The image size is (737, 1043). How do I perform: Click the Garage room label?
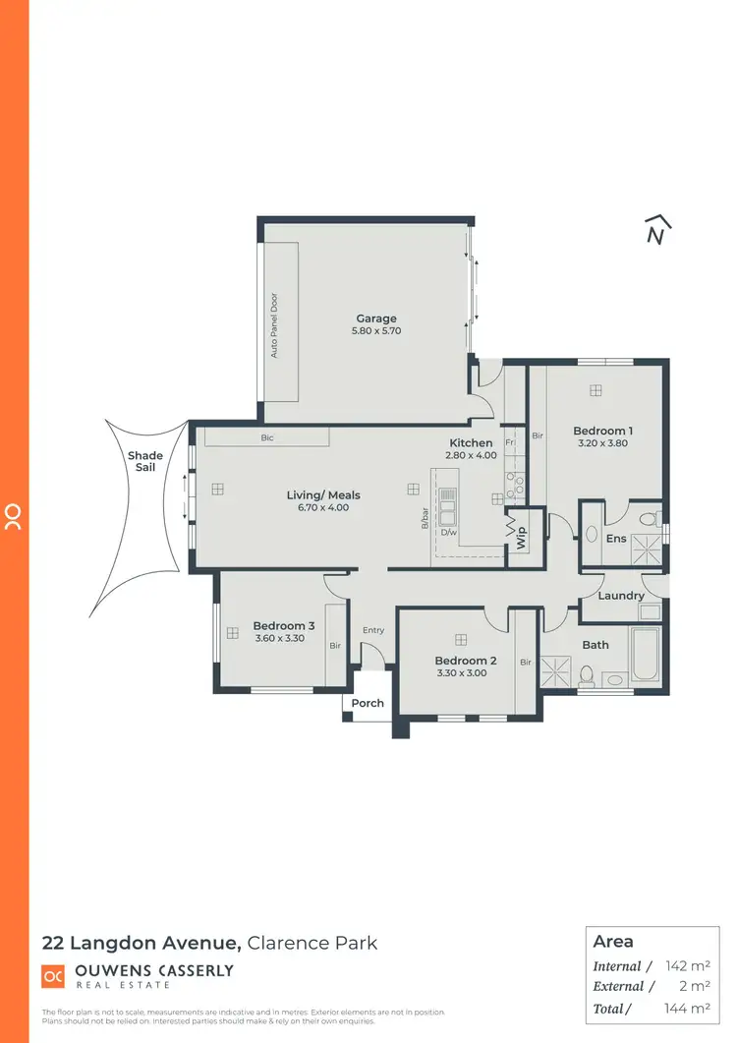(x=376, y=319)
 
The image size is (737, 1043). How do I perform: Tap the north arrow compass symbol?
(x=656, y=230)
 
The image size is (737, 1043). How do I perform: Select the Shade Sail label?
(x=145, y=462)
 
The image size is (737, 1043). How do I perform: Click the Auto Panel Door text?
(x=275, y=325)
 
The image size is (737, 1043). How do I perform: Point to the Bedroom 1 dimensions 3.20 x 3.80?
(x=602, y=443)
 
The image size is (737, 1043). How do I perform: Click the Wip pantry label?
(x=522, y=537)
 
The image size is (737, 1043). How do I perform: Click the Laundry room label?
(x=621, y=596)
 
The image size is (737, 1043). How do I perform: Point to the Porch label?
(x=368, y=703)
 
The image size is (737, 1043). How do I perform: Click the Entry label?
(x=373, y=630)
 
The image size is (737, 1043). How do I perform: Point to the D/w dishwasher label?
(x=448, y=533)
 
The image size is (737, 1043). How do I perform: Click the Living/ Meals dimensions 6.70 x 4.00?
(x=323, y=507)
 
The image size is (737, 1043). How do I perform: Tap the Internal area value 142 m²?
(x=688, y=966)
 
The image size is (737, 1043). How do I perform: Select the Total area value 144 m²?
(x=688, y=1009)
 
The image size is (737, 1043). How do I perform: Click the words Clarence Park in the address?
(x=312, y=943)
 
